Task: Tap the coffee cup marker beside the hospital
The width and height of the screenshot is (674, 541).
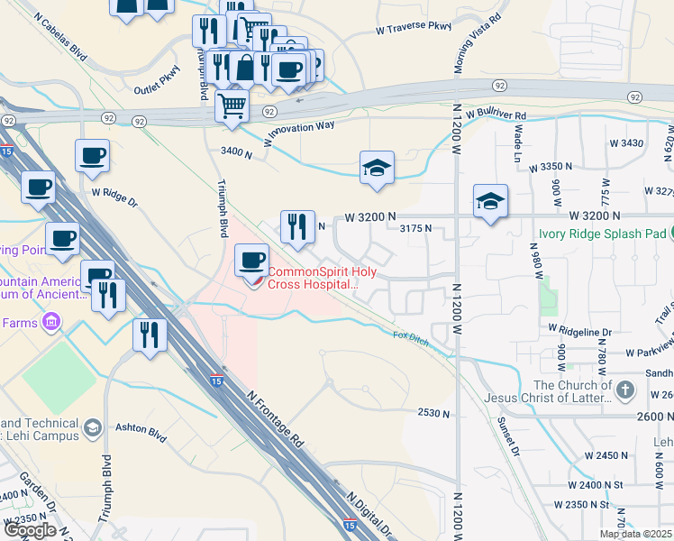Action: [251, 261]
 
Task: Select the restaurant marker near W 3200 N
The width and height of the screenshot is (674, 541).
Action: [297, 227]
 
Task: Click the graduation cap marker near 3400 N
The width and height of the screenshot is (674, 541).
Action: [378, 168]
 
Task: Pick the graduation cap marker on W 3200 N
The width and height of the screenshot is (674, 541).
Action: [490, 202]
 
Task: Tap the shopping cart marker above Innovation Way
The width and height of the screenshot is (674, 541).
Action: [232, 105]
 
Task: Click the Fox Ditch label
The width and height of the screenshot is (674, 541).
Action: [409, 335]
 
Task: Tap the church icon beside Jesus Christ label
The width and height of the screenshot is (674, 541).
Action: [626, 390]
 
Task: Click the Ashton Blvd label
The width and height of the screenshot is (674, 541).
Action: [141, 432]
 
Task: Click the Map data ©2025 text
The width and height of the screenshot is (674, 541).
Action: [635, 534]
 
